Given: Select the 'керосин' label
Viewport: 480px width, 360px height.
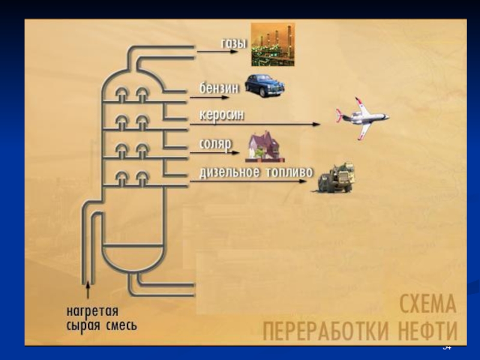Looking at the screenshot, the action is [222, 115].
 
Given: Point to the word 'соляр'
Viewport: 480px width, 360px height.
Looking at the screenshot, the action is [214, 144].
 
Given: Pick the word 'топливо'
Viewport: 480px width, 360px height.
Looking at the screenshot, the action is [290, 172].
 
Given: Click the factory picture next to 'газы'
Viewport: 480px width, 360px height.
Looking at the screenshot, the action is [272, 44].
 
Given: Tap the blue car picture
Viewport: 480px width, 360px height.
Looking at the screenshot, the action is [264, 85].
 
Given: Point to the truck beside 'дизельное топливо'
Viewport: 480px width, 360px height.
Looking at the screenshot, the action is [334, 178].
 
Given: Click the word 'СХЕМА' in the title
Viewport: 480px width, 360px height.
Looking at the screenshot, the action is [428, 305].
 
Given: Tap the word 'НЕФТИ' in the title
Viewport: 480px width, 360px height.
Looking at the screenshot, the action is [427, 331].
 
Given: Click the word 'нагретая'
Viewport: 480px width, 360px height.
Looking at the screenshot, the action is [92, 313].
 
